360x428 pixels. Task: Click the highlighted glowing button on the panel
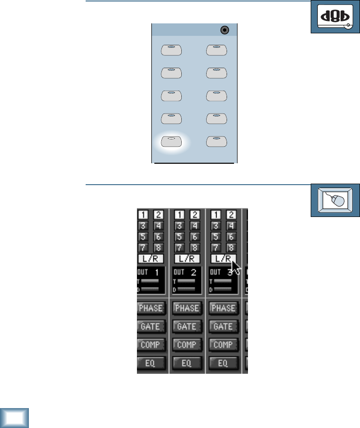pos(171,141)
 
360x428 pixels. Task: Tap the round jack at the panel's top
pos(225,30)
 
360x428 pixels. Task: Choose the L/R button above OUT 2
pos(186,259)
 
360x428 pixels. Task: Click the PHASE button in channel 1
pos(150,308)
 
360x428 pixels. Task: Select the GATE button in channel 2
pos(187,326)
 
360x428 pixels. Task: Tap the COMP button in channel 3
pos(223,344)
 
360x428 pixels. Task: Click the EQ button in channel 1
pos(150,363)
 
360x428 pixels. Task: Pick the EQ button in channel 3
pos(223,363)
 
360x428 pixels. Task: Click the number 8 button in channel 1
pos(158,248)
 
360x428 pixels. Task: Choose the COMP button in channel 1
pos(150,344)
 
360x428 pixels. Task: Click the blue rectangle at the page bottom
pos(14,418)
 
